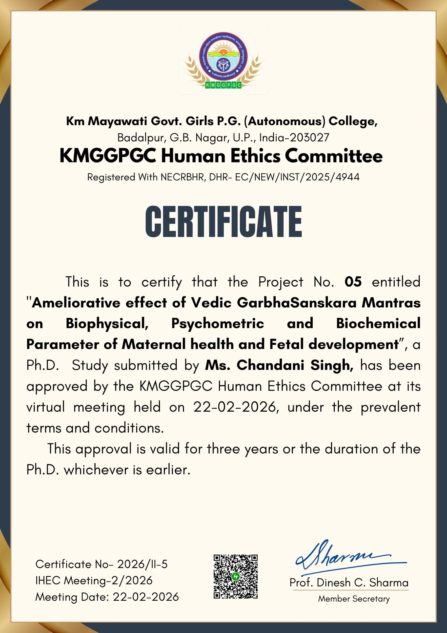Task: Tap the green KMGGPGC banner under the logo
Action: (x=223, y=85)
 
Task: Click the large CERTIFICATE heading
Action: (x=223, y=222)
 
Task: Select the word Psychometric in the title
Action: (x=218, y=323)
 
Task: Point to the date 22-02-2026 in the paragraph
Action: (x=235, y=407)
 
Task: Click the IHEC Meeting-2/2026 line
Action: (x=94, y=580)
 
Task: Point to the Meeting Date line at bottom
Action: (x=107, y=597)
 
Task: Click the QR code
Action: (x=236, y=576)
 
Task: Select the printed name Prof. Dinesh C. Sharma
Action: (x=349, y=583)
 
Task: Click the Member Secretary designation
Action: (x=354, y=599)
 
